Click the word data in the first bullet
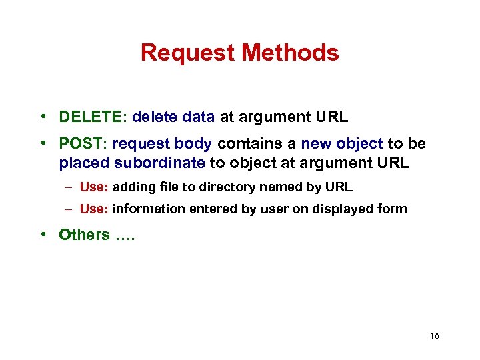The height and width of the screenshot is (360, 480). coord(198,118)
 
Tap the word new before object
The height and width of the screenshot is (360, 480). coord(315,144)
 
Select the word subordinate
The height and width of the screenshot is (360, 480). coord(159,163)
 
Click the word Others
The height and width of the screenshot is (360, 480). coord(84,235)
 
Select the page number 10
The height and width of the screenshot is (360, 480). coord(434,337)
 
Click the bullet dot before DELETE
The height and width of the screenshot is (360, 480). coord(43,118)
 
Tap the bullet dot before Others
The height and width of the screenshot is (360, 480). coord(43,235)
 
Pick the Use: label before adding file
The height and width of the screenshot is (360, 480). coord(94,188)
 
